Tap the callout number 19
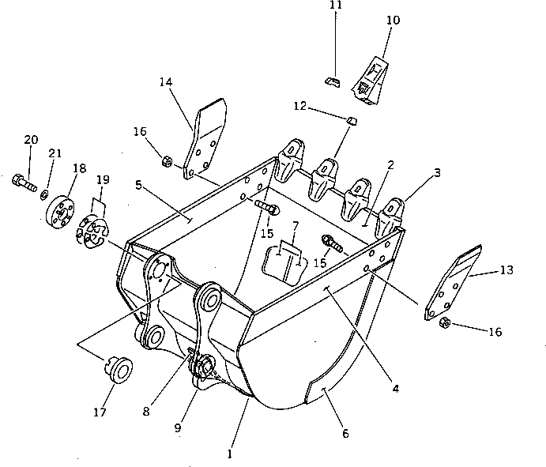(103, 179)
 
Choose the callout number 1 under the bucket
(229, 454)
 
